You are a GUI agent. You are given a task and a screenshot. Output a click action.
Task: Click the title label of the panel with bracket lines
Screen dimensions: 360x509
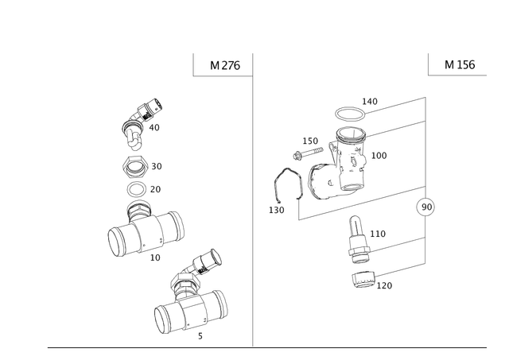coord(460,65)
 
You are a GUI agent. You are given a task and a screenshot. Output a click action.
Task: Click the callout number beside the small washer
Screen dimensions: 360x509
coord(156,189)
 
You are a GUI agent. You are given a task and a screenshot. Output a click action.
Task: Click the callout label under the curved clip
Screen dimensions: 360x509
coord(276,211)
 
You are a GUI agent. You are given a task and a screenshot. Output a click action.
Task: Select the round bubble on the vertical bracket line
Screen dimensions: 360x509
coord(426,207)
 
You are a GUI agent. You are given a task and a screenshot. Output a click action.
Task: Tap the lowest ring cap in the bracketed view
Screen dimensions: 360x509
coord(364,280)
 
